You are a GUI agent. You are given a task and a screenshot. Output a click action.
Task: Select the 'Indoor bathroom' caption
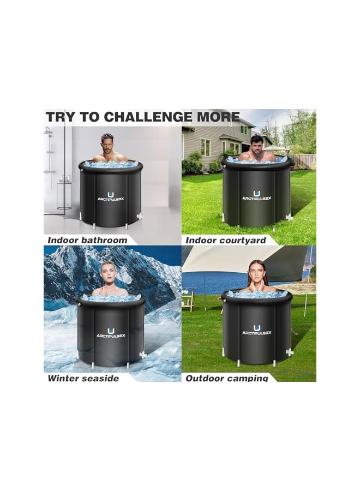click(x=87, y=240)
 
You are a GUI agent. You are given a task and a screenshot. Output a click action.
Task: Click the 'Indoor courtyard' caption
click(x=226, y=240)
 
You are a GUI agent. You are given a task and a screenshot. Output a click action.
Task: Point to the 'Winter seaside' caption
click(x=83, y=378)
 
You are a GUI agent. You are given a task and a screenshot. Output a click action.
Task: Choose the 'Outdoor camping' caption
click(x=227, y=378)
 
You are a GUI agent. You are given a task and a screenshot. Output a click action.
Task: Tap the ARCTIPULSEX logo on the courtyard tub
click(x=256, y=196)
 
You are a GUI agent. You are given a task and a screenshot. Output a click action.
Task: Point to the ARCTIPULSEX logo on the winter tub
click(x=111, y=333)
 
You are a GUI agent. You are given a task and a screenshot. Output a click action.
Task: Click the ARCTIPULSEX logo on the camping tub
click(x=256, y=331)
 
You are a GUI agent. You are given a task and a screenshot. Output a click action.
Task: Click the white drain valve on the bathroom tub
click(x=140, y=216)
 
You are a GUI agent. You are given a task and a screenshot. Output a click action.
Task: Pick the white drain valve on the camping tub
click(x=289, y=352)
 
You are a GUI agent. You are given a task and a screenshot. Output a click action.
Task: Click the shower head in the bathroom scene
click(x=49, y=133)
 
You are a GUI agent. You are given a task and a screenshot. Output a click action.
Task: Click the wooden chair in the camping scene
click(x=189, y=299)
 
